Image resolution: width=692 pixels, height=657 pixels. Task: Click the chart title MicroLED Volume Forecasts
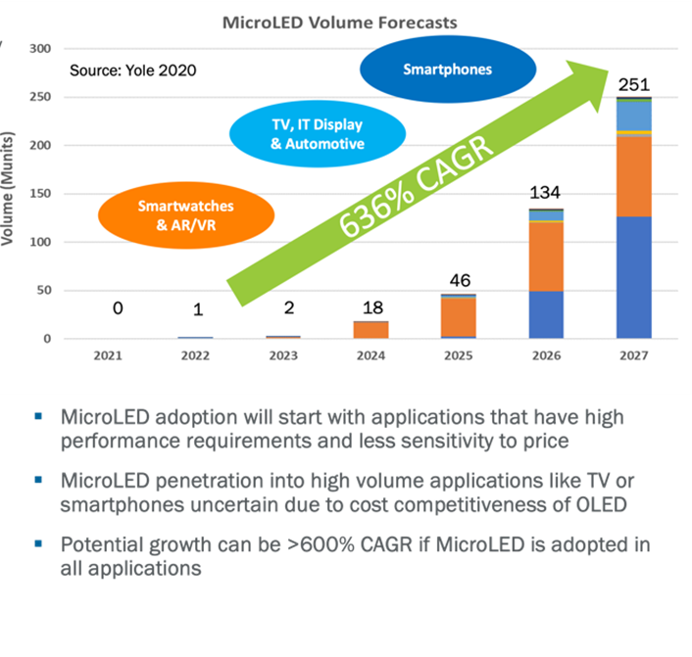pos(339,21)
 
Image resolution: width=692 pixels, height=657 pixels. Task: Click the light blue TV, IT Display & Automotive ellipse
pos(304,134)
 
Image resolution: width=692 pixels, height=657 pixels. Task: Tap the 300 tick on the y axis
pos(40,48)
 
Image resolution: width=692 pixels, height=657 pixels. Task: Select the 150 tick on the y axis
pos(40,194)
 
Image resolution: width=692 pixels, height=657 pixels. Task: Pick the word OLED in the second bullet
pos(599,505)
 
